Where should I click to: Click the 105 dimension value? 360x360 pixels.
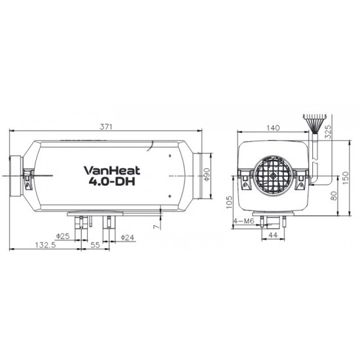[228, 200]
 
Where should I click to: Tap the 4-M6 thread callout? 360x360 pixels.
[245, 221]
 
